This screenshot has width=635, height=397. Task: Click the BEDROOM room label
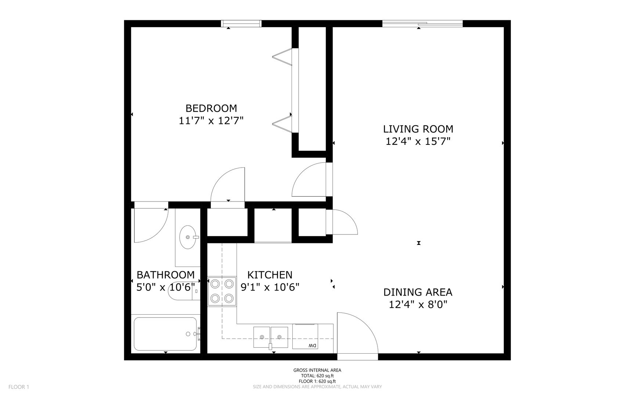(211, 108)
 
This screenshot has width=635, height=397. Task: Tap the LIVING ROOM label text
(418, 129)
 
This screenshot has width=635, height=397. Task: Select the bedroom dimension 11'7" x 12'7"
(211, 121)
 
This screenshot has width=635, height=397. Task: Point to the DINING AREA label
(418, 292)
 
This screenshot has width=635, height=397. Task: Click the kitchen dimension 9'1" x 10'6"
(270, 287)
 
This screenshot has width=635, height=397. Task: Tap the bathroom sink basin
(189, 237)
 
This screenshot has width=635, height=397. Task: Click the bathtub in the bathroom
(166, 334)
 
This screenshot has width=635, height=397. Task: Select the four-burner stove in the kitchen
(222, 291)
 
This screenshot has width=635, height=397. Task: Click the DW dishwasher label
(312, 346)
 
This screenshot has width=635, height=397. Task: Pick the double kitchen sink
(271, 337)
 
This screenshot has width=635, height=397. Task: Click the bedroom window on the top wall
(241, 24)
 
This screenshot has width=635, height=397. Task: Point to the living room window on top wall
(422, 24)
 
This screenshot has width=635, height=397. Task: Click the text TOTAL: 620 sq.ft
(317, 376)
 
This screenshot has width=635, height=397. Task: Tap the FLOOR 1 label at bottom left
(19, 387)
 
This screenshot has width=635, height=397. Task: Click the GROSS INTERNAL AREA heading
(317, 370)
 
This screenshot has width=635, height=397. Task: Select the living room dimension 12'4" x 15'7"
(418, 142)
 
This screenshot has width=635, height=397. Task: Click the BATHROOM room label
(166, 275)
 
